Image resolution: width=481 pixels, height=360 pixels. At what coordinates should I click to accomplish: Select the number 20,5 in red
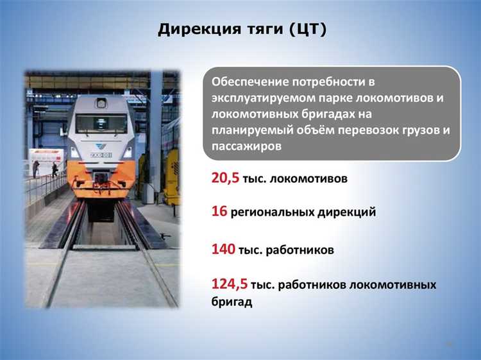click(x=226, y=178)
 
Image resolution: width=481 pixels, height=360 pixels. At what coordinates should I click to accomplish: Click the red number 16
click(x=219, y=210)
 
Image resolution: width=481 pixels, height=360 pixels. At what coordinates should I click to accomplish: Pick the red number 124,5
click(x=230, y=284)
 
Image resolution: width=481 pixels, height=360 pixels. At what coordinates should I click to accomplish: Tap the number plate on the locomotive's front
click(x=101, y=154)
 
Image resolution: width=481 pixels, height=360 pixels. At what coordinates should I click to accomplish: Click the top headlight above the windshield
click(x=101, y=103)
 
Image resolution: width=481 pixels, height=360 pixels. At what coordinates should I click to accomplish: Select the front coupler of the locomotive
click(x=101, y=187)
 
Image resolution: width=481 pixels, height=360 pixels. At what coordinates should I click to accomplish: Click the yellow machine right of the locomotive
click(x=172, y=176)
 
